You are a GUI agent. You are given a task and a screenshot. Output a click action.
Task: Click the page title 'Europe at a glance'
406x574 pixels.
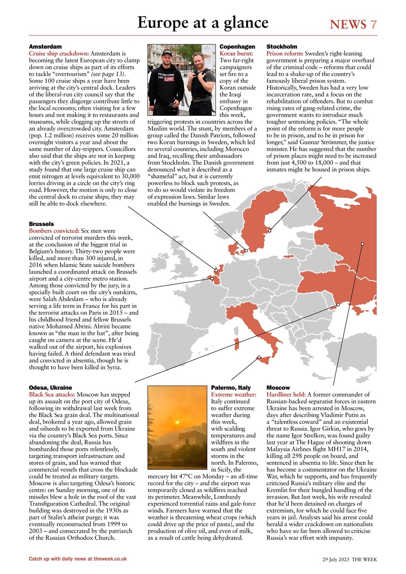(x=203, y=22)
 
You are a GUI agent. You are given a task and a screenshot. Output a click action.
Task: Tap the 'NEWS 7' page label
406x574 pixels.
(x=353, y=24)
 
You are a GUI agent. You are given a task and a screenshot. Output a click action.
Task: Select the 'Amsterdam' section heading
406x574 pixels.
(x=45, y=47)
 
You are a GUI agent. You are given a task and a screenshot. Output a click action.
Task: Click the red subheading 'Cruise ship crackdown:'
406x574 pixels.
(x=59, y=53)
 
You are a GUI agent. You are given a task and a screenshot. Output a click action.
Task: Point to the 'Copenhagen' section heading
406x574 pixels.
(x=237, y=47)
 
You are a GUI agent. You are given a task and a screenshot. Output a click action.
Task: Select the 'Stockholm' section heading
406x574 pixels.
(x=282, y=47)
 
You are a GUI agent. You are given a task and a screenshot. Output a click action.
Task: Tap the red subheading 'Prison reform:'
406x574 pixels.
(x=285, y=53)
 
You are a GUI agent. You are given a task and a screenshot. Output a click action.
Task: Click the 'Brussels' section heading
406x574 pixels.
(x=41, y=224)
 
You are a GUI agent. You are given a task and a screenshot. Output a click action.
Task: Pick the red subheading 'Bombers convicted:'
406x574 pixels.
(x=54, y=230)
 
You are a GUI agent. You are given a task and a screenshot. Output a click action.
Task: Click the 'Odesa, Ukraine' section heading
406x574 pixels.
(x=50, y=387)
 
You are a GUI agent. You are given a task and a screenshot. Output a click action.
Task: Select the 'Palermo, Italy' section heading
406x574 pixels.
(x=231, y=387)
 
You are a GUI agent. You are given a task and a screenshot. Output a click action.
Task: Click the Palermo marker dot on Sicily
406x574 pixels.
(x=259, y=357)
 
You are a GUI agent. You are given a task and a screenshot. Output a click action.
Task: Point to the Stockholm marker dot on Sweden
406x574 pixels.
(x=270, y=231)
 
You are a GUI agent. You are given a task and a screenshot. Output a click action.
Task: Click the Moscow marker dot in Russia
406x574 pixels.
(x=362, y=244)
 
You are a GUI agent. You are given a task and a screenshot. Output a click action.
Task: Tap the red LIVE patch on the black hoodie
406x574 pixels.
(x=168, y=79)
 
